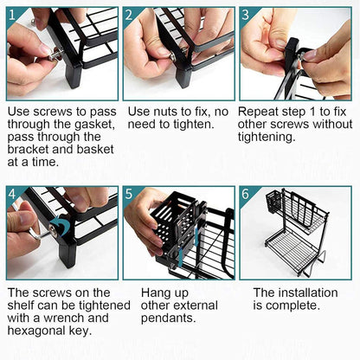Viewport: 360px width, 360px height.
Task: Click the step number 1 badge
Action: coord(12,15)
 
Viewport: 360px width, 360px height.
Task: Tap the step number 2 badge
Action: coord(129,15)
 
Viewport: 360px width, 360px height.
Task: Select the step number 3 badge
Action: coord(246,15)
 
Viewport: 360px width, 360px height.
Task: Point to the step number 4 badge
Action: coord(12,194)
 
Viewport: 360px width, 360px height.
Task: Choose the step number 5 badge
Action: coord(129,194)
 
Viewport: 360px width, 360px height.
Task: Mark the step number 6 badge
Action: coord(246,194)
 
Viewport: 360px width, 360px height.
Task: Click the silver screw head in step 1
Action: coord(55,55)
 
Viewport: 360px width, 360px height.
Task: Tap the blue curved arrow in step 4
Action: coord(63,224)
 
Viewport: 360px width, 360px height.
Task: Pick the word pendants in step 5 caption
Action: coord(169,318)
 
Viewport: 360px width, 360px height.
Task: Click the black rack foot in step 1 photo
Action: coord(74,75)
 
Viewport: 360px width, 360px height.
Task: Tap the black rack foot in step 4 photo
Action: coord(67,254)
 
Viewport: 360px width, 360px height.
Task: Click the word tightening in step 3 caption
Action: coord(267,138)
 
